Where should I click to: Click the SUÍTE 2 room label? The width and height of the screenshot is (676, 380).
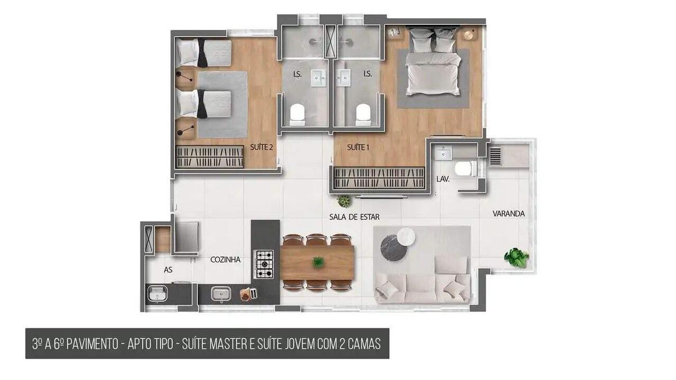tap(262, 147)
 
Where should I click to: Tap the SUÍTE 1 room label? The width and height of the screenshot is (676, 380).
tap(358, 147)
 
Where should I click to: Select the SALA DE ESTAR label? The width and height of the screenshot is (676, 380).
tap(354, 217)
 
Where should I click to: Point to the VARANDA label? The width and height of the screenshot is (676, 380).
tap(509, 214)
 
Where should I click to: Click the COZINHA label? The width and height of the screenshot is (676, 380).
tap(225, 260)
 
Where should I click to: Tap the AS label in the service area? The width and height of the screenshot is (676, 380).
tap(168, 270)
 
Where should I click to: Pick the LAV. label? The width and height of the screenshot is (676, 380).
tap(442, 179)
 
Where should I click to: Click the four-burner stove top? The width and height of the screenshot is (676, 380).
tap(264, 263)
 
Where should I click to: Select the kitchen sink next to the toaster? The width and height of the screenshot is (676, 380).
tap(220, 293)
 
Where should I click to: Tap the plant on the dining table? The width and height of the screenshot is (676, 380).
tap(318, 262)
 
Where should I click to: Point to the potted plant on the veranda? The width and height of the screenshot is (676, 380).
tap(516, 257)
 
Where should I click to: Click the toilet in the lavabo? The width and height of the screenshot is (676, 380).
tap(465, 168)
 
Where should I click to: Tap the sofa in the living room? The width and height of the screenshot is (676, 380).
tap(422, 287)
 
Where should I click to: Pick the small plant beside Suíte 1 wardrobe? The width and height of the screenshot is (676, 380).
tap(343, 201)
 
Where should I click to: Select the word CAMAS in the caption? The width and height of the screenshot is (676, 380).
tap(361, 344)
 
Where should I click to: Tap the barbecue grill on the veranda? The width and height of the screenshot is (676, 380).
tap(495, 155)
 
